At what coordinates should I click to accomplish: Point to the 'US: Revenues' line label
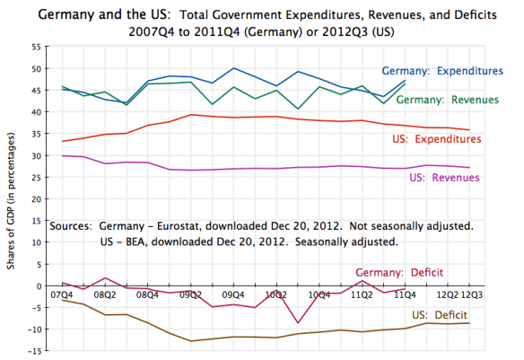[x=448, y=178]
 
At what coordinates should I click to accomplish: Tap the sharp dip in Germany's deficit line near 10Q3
[x=298, y=323]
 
